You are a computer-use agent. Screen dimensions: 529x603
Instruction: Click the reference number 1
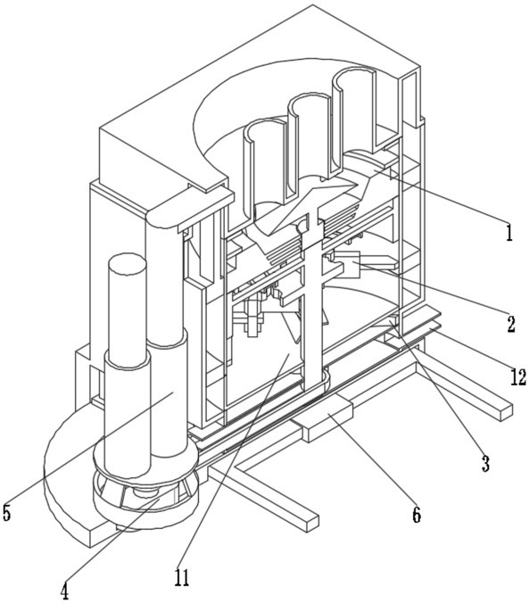click(509, 232)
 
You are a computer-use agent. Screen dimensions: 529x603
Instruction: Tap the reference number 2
click(510, 324)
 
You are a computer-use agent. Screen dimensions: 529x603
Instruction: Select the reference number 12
click(517, 376)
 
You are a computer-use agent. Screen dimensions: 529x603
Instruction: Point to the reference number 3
click(485, 464)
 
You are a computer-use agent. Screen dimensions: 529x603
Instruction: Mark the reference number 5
click(6, 512)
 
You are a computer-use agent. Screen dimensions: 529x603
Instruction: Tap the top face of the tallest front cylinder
click(127, 264)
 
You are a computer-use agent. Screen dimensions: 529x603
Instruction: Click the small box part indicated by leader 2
click(348, 265)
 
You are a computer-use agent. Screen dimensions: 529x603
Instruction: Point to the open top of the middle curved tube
click(309, 103)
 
